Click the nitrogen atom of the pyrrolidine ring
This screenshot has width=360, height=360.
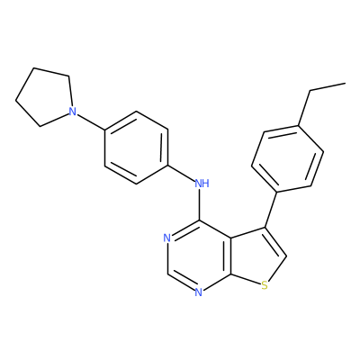[72, 112]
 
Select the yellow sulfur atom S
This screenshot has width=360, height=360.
[265, 285]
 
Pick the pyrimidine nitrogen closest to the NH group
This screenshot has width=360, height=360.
[166, 238]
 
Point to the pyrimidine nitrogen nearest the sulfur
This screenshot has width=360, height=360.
[198, 292]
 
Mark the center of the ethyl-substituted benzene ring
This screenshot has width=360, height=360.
[288, 158]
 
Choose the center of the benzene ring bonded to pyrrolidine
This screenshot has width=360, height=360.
[136, 148]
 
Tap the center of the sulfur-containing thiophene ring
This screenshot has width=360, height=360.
[256, 256]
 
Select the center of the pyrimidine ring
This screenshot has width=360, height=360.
[198, 256]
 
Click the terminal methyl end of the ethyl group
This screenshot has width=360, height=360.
[345, 83]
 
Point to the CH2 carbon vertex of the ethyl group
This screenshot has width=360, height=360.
[310, 90]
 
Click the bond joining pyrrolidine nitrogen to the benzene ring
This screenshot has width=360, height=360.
[91, 122]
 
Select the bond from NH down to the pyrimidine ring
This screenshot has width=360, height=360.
[200, 204]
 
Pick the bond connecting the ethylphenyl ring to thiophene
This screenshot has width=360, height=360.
[270, 210]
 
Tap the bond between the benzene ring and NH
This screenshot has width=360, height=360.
[181, 174]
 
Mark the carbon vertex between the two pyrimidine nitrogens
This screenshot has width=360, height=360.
[167, 274]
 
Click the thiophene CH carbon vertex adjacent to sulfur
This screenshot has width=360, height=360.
[286, 256]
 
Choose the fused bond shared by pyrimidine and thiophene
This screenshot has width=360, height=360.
[230, 256]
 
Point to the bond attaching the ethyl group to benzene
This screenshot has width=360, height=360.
[304, 108]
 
